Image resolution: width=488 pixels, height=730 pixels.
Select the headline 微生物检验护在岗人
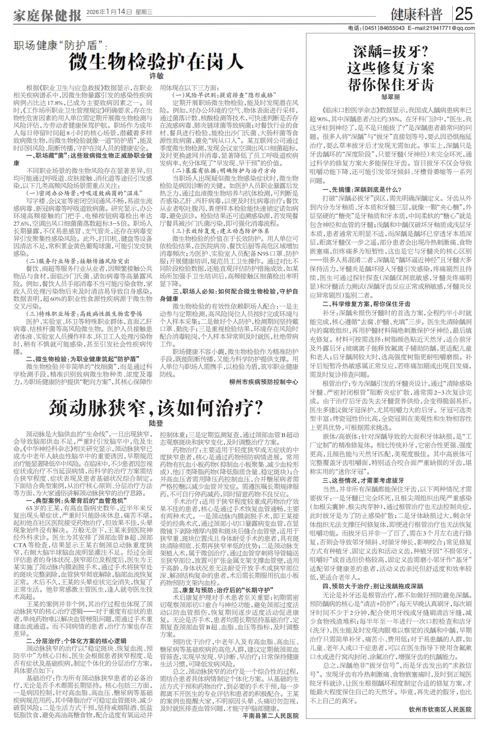coord(156,61)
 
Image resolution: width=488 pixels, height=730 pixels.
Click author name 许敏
coord(157,76)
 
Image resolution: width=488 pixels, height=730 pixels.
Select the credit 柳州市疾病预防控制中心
coord(264,382)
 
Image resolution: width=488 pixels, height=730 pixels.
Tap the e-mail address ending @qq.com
coord(442,28)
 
